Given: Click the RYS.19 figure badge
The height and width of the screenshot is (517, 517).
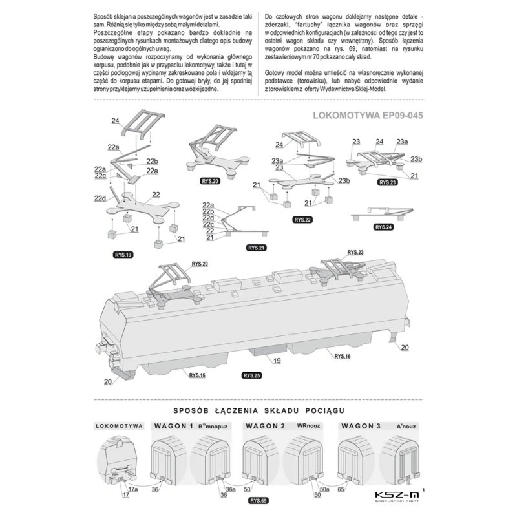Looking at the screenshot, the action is coord(123,255).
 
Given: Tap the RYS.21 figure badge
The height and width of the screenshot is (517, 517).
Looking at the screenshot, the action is coord(256,248).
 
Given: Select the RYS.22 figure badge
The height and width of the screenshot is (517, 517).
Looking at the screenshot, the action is coord(302,220).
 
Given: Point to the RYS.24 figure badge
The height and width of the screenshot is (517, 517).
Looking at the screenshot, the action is coord(383,227).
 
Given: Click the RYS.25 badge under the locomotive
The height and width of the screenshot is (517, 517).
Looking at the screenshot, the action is coord(252,375).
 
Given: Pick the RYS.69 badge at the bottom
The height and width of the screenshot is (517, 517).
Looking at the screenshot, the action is coord(258,500).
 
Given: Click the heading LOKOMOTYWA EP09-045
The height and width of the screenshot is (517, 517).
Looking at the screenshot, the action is coord(368,116).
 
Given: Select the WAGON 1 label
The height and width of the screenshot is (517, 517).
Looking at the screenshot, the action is coord(173,426).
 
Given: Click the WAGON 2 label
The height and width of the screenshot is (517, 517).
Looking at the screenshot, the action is coord(265,426).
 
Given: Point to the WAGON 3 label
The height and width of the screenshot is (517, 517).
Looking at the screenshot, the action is coord(361,426).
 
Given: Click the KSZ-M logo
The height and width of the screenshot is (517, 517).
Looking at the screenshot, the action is coord(397,496).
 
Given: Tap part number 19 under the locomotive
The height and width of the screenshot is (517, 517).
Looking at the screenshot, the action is coord(277,361).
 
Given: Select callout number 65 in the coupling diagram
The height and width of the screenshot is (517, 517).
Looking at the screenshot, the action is coord(341,489).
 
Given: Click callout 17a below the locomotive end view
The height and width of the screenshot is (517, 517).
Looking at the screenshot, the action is coord(133,489).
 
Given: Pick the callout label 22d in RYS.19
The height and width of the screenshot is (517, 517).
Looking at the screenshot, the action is coord(100,198).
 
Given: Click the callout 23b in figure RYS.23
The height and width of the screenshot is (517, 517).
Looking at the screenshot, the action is coord(416,159).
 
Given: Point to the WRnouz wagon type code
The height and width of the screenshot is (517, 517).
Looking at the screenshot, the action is coord(308,425).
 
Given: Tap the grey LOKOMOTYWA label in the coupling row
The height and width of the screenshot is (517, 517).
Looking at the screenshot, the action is coord(120,426).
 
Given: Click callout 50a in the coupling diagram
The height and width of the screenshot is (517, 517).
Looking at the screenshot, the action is coord(324,489).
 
